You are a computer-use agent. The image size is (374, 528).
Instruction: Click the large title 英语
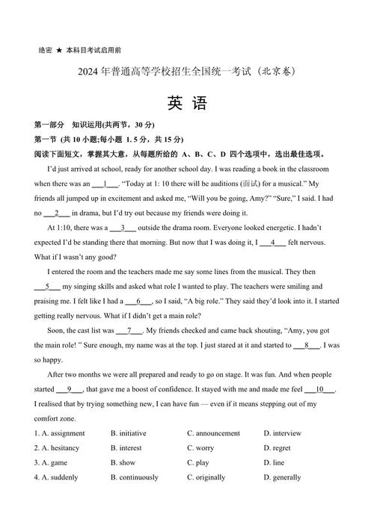tap(186, 104)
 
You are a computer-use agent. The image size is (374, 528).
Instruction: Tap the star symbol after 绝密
tap(58, 50)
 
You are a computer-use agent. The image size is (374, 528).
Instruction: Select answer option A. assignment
tap(60, 433)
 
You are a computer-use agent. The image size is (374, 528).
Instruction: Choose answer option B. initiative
tap(129, 433)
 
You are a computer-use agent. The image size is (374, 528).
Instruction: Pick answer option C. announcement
tap(214, 433)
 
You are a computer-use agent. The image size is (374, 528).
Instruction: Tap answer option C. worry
tap(200, 448)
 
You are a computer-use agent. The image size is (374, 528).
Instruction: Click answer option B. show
tap(123, 463)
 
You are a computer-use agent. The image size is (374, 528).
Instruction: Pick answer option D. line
tap(275, 463)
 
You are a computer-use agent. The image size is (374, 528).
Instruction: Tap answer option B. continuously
tap(135, 478)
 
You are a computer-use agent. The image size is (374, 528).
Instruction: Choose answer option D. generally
tap(283, 478)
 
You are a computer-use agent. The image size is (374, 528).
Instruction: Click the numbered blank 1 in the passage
tap(105, 184)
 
